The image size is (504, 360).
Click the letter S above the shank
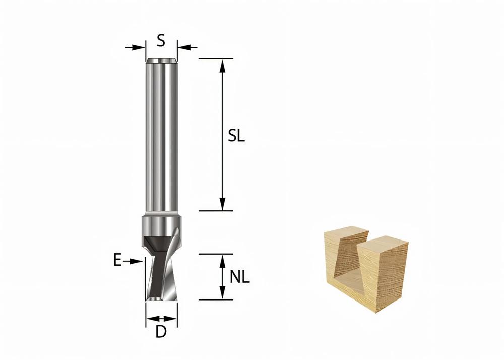tap(161, 40)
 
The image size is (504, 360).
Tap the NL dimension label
tap(240, 277)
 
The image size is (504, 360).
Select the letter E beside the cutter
tap(117, 261)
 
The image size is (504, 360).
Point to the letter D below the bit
tap(161, 332)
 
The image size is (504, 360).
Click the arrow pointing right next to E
tap(132, 261)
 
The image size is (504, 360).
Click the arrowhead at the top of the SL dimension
tap(222, 65)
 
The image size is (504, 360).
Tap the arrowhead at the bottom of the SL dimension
tap(222, 205)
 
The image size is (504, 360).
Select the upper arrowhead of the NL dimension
tap(222, 259)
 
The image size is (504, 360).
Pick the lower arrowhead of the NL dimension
tap(222, 294)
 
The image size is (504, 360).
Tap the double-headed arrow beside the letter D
tap(161, 319)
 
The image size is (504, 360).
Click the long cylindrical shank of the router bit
tap(161, 136)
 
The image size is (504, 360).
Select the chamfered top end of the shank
tap(161, 62)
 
